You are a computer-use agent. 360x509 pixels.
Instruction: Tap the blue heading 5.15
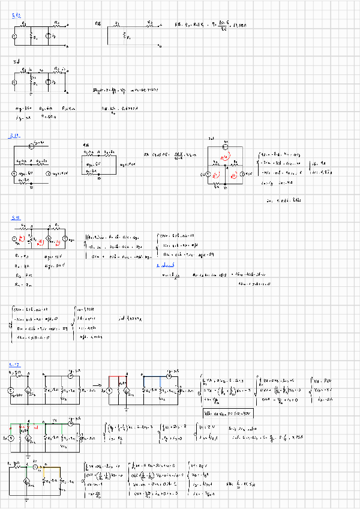(16, 218)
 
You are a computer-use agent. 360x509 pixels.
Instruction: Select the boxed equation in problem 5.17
(227, 414)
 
